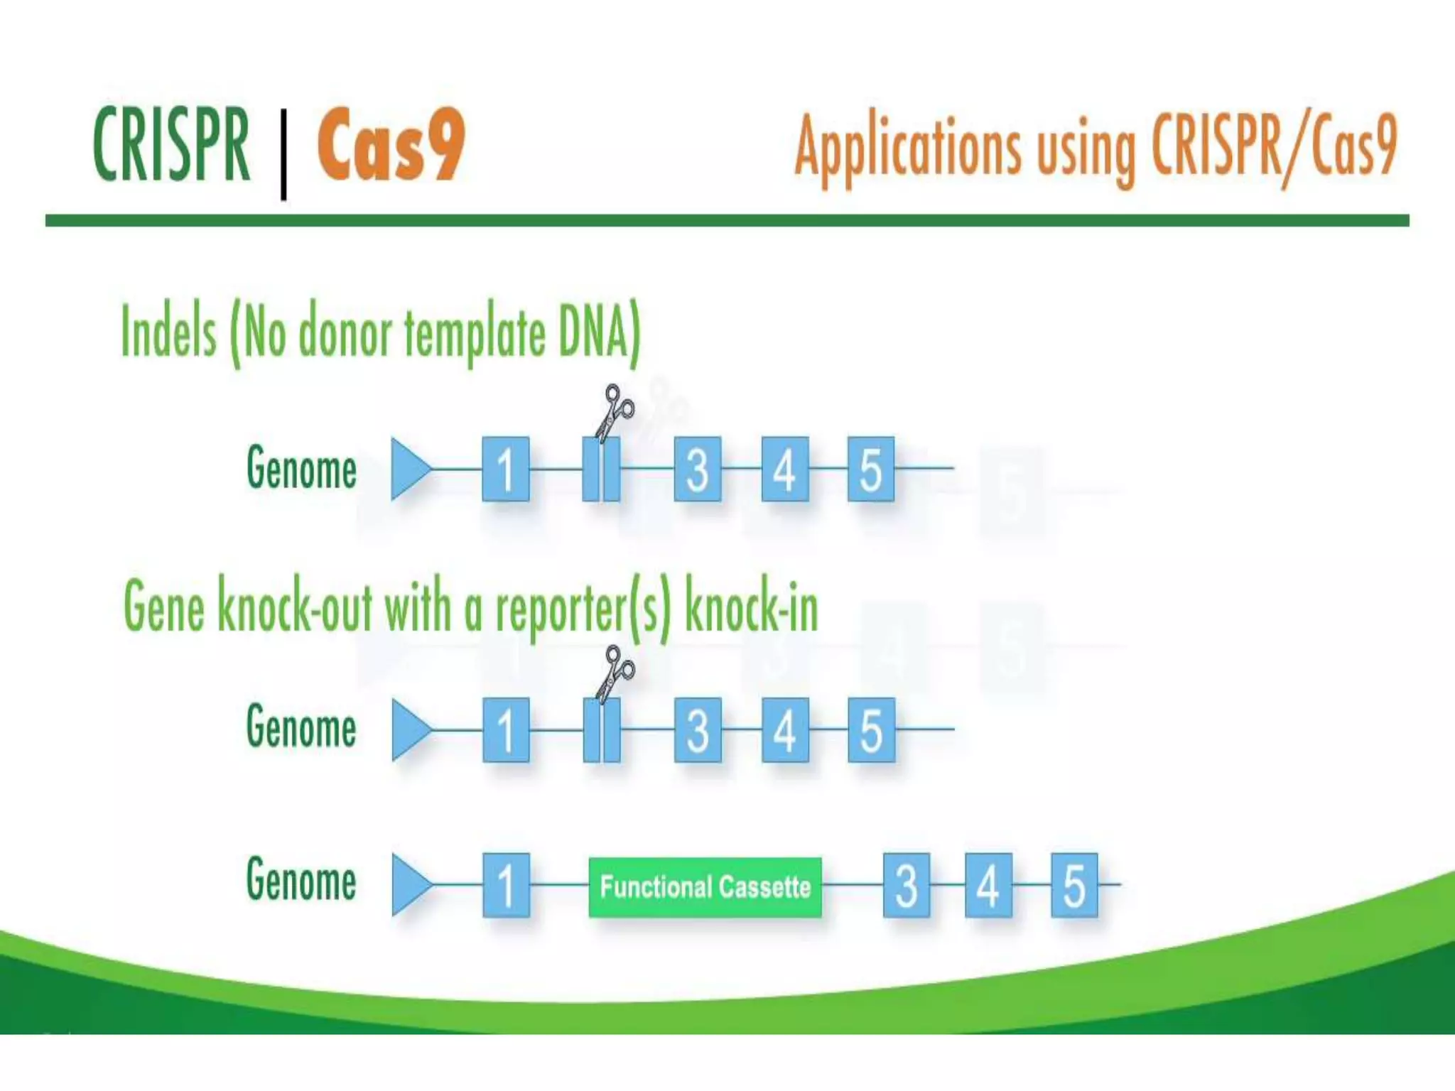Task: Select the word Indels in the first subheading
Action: point(168,332)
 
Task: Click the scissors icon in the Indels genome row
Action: point(614,412)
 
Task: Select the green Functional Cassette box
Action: point(705,886)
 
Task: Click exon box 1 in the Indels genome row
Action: point(505,469)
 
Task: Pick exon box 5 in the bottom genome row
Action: point(1073,885)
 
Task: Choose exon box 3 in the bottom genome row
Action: point(906,885)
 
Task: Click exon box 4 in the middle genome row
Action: point(784,730)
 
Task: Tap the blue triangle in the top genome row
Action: point(409,469)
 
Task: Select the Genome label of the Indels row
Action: point(301,468)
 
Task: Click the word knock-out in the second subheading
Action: point(294,608)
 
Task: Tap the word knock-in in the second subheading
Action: point(750,608)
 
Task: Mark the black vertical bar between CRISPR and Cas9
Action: point(283,154)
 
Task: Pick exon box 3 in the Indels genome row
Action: point(697,469)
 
